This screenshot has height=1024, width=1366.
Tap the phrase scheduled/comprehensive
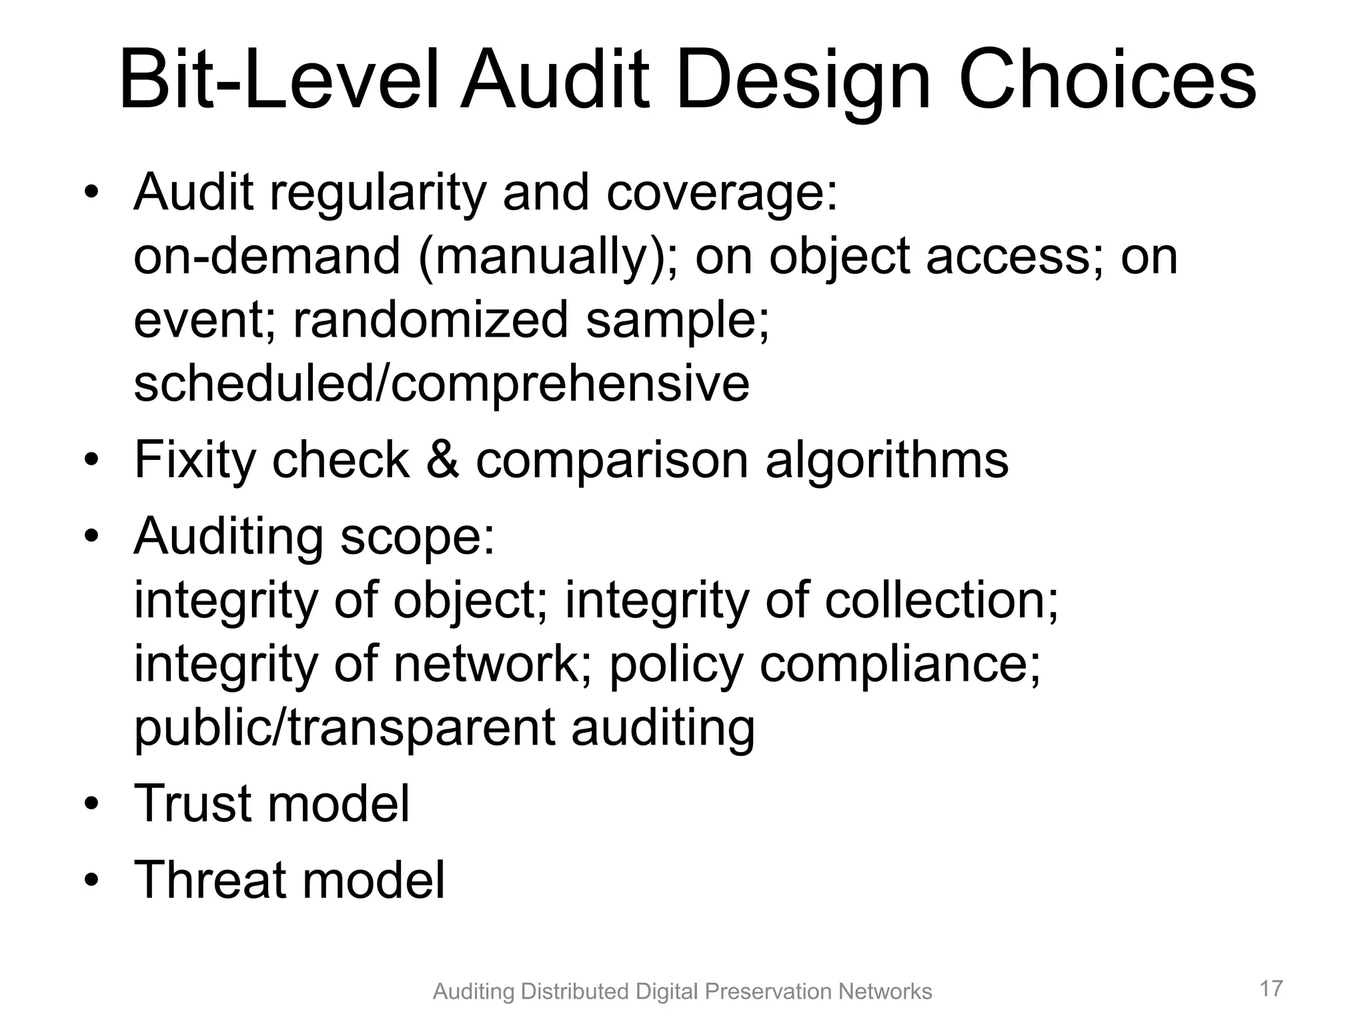(442, 385)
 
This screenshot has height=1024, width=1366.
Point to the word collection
(940, 601)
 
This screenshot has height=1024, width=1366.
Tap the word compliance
(900, 665)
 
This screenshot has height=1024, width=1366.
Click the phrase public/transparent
(344, 729)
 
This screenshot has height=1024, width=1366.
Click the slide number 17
(1271, 988)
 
